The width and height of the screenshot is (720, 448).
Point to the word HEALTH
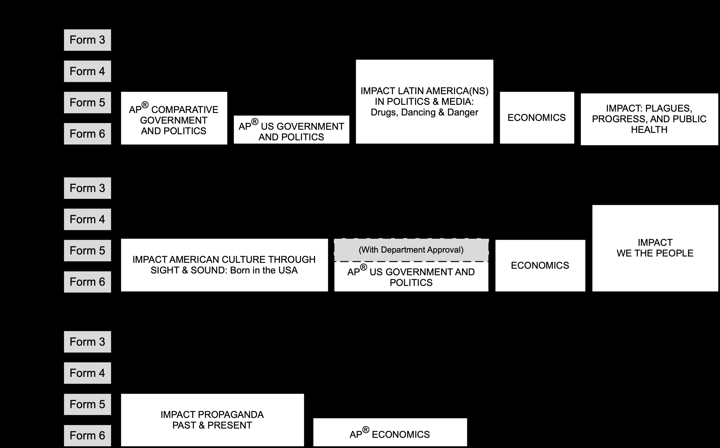coord(649,130)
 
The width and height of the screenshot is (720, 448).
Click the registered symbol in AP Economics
coord(366,430)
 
